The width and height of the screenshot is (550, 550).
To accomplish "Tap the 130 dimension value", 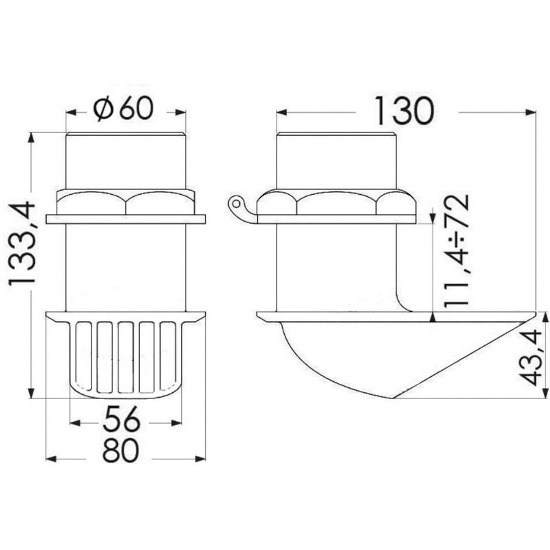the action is click(x=403, y=110).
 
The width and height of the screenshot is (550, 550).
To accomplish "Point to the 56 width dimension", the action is click(x=121, y=419).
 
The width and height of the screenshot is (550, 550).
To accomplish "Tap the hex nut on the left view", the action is click(x=126, y=202).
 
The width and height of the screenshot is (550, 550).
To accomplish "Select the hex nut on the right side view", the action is click(x=337, y=203).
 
